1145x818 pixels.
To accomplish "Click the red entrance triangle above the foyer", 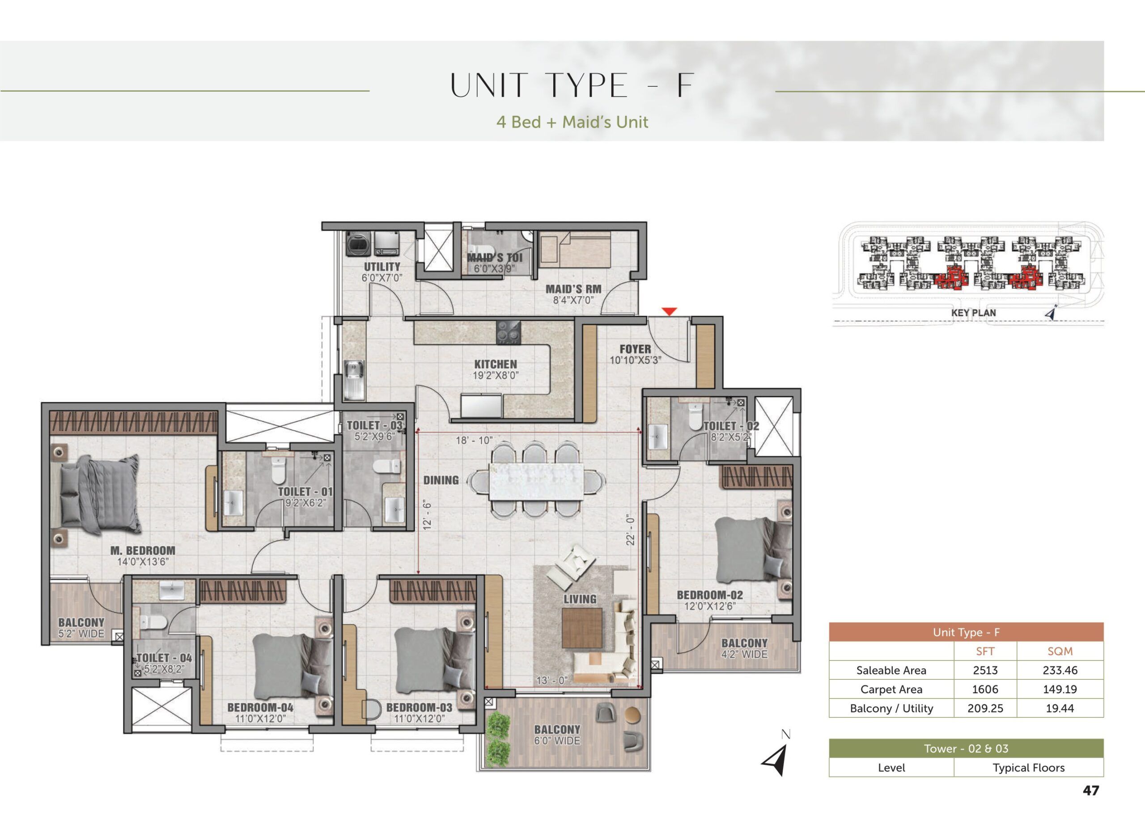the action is (669, 312).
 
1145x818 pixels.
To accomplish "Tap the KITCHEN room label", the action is (496, 364).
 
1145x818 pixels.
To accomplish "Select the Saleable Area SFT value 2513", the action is (985, 670).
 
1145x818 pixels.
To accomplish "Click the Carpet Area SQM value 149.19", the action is (1060, 689).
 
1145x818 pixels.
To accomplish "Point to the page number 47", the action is (1090, 790).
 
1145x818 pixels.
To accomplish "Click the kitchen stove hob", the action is (509, 332).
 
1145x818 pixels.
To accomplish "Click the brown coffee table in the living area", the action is (582, 627).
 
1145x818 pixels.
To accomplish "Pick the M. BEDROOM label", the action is (143, 551).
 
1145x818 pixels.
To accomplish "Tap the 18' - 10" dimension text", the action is (474, 440).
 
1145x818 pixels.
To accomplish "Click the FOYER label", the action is (635, 349).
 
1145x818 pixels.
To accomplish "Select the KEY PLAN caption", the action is (973, 313).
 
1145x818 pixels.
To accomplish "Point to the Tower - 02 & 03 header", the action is (966, 749).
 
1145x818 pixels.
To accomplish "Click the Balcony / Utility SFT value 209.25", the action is (985, 708).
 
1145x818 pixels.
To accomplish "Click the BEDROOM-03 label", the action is (419, 707).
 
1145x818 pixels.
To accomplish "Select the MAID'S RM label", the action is (573, 289).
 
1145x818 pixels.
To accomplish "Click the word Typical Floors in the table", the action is (1028, 767).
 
